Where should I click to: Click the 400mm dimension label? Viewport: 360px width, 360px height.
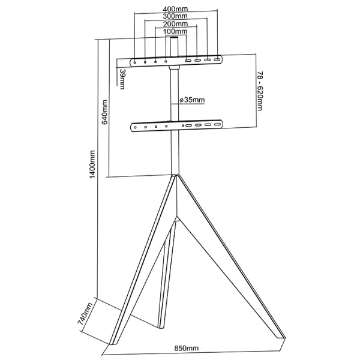click(175, 10)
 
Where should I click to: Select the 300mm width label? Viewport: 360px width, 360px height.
click(175, 17)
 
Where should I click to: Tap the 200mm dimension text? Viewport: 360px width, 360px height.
click(175, 25)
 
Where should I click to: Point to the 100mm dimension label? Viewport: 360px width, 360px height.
click(175, 32)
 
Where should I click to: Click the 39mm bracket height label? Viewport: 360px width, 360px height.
click(122, 79)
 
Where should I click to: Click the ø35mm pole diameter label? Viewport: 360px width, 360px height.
click(192, 100)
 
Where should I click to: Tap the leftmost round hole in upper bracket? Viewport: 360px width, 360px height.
click(135, 61)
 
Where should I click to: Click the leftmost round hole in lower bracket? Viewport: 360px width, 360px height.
click(135, 127)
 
